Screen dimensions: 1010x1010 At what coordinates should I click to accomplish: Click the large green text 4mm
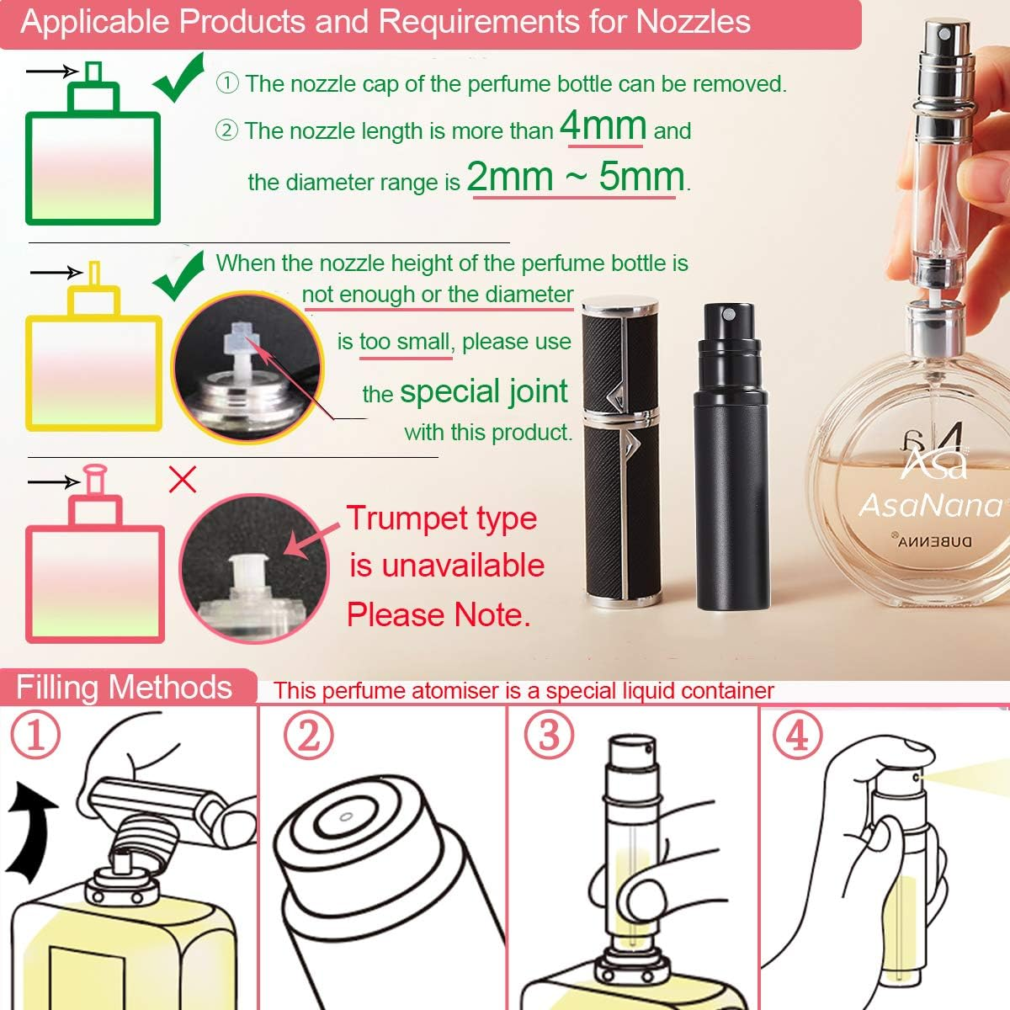[603, 126]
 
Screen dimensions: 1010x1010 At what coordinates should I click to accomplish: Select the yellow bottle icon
[93, 370]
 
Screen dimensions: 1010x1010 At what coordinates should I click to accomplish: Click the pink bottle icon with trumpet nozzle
[94, 581]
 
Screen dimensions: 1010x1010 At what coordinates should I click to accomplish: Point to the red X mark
[183, 480]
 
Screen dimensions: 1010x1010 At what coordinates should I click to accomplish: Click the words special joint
[484, 391]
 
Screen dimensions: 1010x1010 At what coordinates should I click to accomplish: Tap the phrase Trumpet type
[441, 518]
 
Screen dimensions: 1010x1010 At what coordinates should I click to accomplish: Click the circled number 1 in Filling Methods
[36, 735]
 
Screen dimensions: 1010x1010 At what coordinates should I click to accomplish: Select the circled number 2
[308, 735]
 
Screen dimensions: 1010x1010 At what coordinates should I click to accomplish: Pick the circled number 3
[549, 735]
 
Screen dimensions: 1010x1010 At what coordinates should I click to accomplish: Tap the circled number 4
[796, 735]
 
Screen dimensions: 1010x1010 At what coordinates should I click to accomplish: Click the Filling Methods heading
[124, 688]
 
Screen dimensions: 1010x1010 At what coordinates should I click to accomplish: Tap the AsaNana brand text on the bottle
[930, 505]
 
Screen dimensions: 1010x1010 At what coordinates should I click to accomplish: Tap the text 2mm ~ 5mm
[576, 178]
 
